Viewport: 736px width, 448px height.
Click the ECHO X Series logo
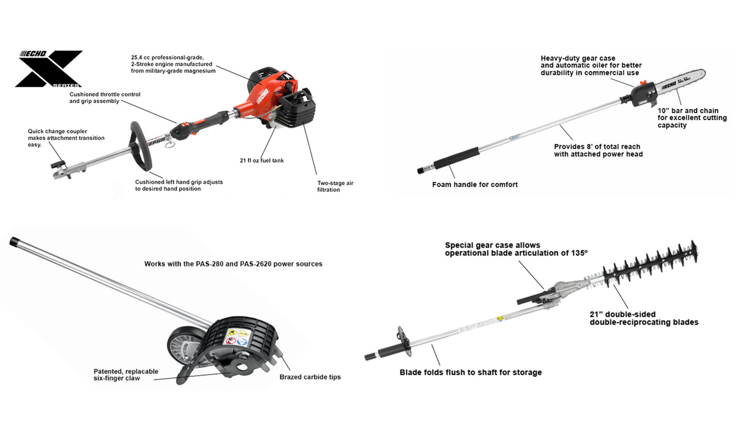pos(48,69)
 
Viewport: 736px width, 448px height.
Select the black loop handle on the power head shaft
pos(141,146)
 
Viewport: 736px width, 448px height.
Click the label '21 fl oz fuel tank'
pos(261,161)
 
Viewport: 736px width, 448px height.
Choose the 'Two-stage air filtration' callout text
pos(335,186)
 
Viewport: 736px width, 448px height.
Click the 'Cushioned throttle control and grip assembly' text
pos(104,98)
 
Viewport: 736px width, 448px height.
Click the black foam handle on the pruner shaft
pos(456,158)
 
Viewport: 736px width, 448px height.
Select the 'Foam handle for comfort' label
pos(475,184)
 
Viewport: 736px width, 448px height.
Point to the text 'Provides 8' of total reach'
pos(597,146)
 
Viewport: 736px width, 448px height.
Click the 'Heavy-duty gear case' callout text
pos(578,58)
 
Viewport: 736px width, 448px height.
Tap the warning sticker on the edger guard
pos(237,336)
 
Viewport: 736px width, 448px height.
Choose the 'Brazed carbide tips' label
pos(310,377)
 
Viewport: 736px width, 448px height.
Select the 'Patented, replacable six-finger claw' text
pos(126,375)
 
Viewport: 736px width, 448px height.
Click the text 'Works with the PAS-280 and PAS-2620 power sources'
pos(233,264)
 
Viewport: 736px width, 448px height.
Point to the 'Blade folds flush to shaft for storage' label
pos(470,373)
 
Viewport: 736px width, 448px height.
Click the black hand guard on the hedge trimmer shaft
pos(404,341)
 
